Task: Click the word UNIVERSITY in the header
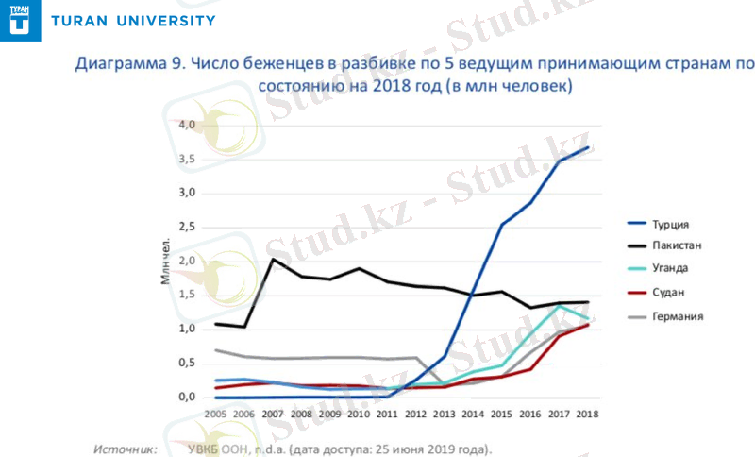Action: pos(162,21)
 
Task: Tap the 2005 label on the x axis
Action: pos(215,414)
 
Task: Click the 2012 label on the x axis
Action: pos(416,414)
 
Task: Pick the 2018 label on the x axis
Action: pos(588,414)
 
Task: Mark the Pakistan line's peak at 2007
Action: pos(273,259)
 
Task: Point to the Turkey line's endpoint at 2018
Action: pos(588,147)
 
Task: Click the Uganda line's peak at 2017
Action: pos(560,306)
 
